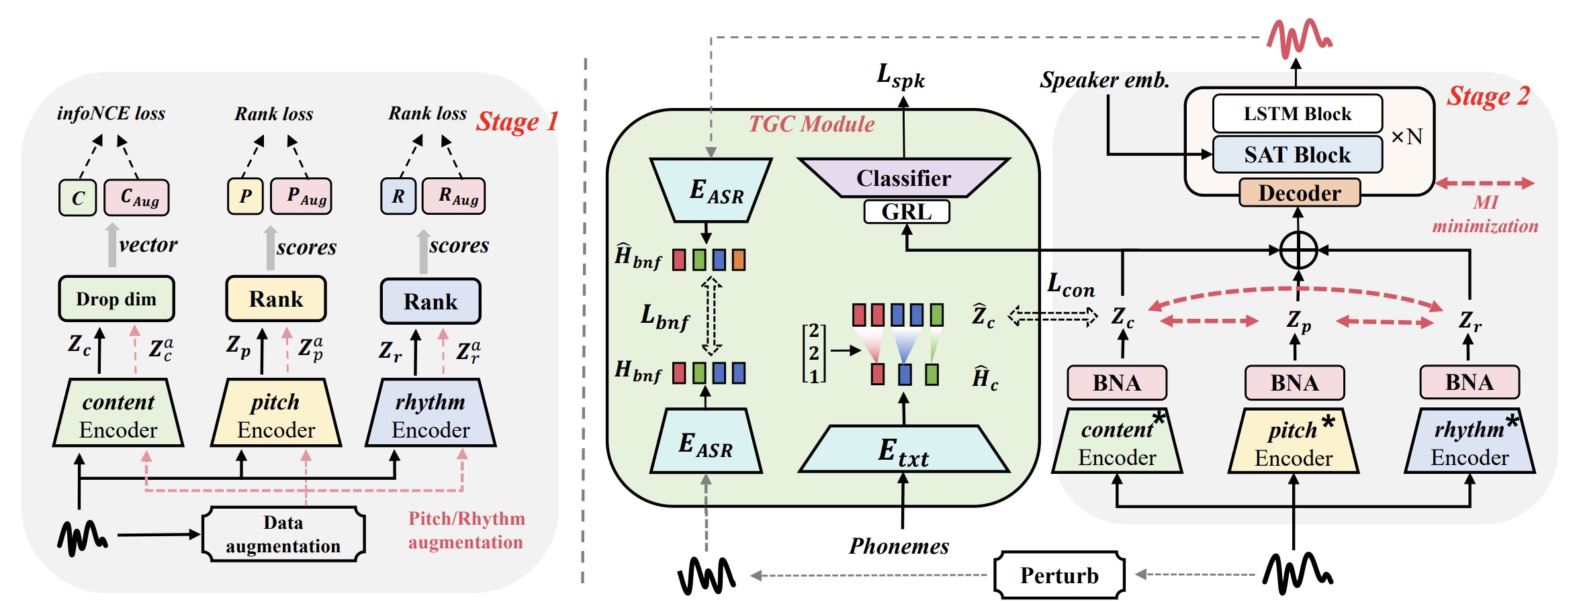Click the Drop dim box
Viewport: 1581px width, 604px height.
(116, 299)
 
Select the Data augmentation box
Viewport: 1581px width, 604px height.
(283, 534)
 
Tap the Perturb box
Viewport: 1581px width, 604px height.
(1059, 575)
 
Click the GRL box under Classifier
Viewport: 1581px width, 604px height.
(906, 212)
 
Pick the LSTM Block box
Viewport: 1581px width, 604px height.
(1297, 113)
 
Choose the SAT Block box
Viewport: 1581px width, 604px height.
(1297, 155)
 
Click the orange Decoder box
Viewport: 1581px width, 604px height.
(1299, 193)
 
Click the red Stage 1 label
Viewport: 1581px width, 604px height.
(517, 122)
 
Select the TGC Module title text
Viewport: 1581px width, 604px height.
(811, 124)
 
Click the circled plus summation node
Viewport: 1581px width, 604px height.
(1298, 250)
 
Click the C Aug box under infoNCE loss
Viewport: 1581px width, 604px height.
(137, 197)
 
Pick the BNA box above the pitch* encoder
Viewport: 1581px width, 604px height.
(1294, 383)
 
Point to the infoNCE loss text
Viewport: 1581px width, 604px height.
(111, 113)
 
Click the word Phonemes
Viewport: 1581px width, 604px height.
(899, 546)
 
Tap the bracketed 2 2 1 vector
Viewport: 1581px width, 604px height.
(814, 353)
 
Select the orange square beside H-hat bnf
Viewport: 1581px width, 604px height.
(738, 260)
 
